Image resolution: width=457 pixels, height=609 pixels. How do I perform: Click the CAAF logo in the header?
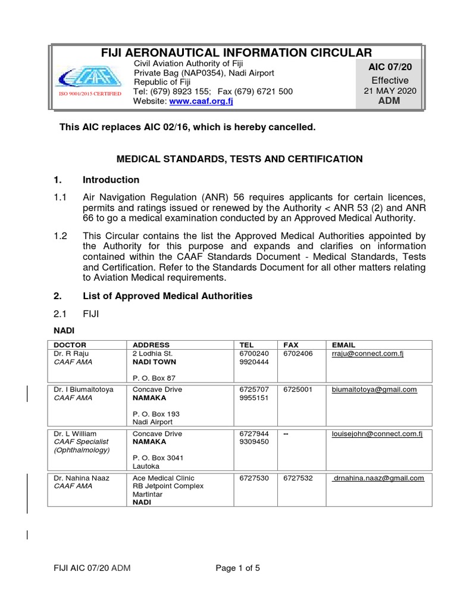pyautogui.click(x=89, y=78)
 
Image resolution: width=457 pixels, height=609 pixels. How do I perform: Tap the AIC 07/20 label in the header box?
pyautogui.click(x=390, y=67)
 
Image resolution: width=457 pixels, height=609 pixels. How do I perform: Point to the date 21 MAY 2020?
pyautogui.click(x=390, y=91)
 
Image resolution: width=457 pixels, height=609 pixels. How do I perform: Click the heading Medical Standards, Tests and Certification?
pyautogui.click(x=239, y=159)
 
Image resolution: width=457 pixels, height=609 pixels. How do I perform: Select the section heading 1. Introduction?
pyautogui.click(x=111, y=180)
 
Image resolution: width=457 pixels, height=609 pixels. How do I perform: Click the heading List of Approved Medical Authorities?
pyautogui.click(x=167, y=296)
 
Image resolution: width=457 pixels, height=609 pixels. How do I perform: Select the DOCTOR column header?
pyautogui.click(x=70, y=345)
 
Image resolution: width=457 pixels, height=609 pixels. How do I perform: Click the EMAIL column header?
pyautogui.click(x=343, y=345)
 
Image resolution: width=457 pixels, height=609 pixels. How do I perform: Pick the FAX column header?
pyautogui.click(x=291, y=345)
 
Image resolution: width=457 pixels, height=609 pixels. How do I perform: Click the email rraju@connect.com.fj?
pyautogui.click(x=368, y=353)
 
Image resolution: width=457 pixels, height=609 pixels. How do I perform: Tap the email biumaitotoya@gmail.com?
pyautogui.click(x=374, y=390)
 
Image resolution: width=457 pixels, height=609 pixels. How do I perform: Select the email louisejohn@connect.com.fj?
pyautogui.click(x=377, y=434)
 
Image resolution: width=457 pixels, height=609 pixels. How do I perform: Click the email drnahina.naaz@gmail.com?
pyautogui.click(x=378, y=478)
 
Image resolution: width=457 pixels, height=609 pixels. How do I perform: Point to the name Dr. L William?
pyautogui.click(x=75, y=434)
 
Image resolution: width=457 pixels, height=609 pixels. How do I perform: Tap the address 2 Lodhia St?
pyautogui.click(x=152, y=353)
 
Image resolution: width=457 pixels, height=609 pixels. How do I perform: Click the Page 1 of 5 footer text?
pyautogui.click(x=238, y=568)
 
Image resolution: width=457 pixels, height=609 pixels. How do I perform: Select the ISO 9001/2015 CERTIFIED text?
pyautogui.click(x=89, y=94)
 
